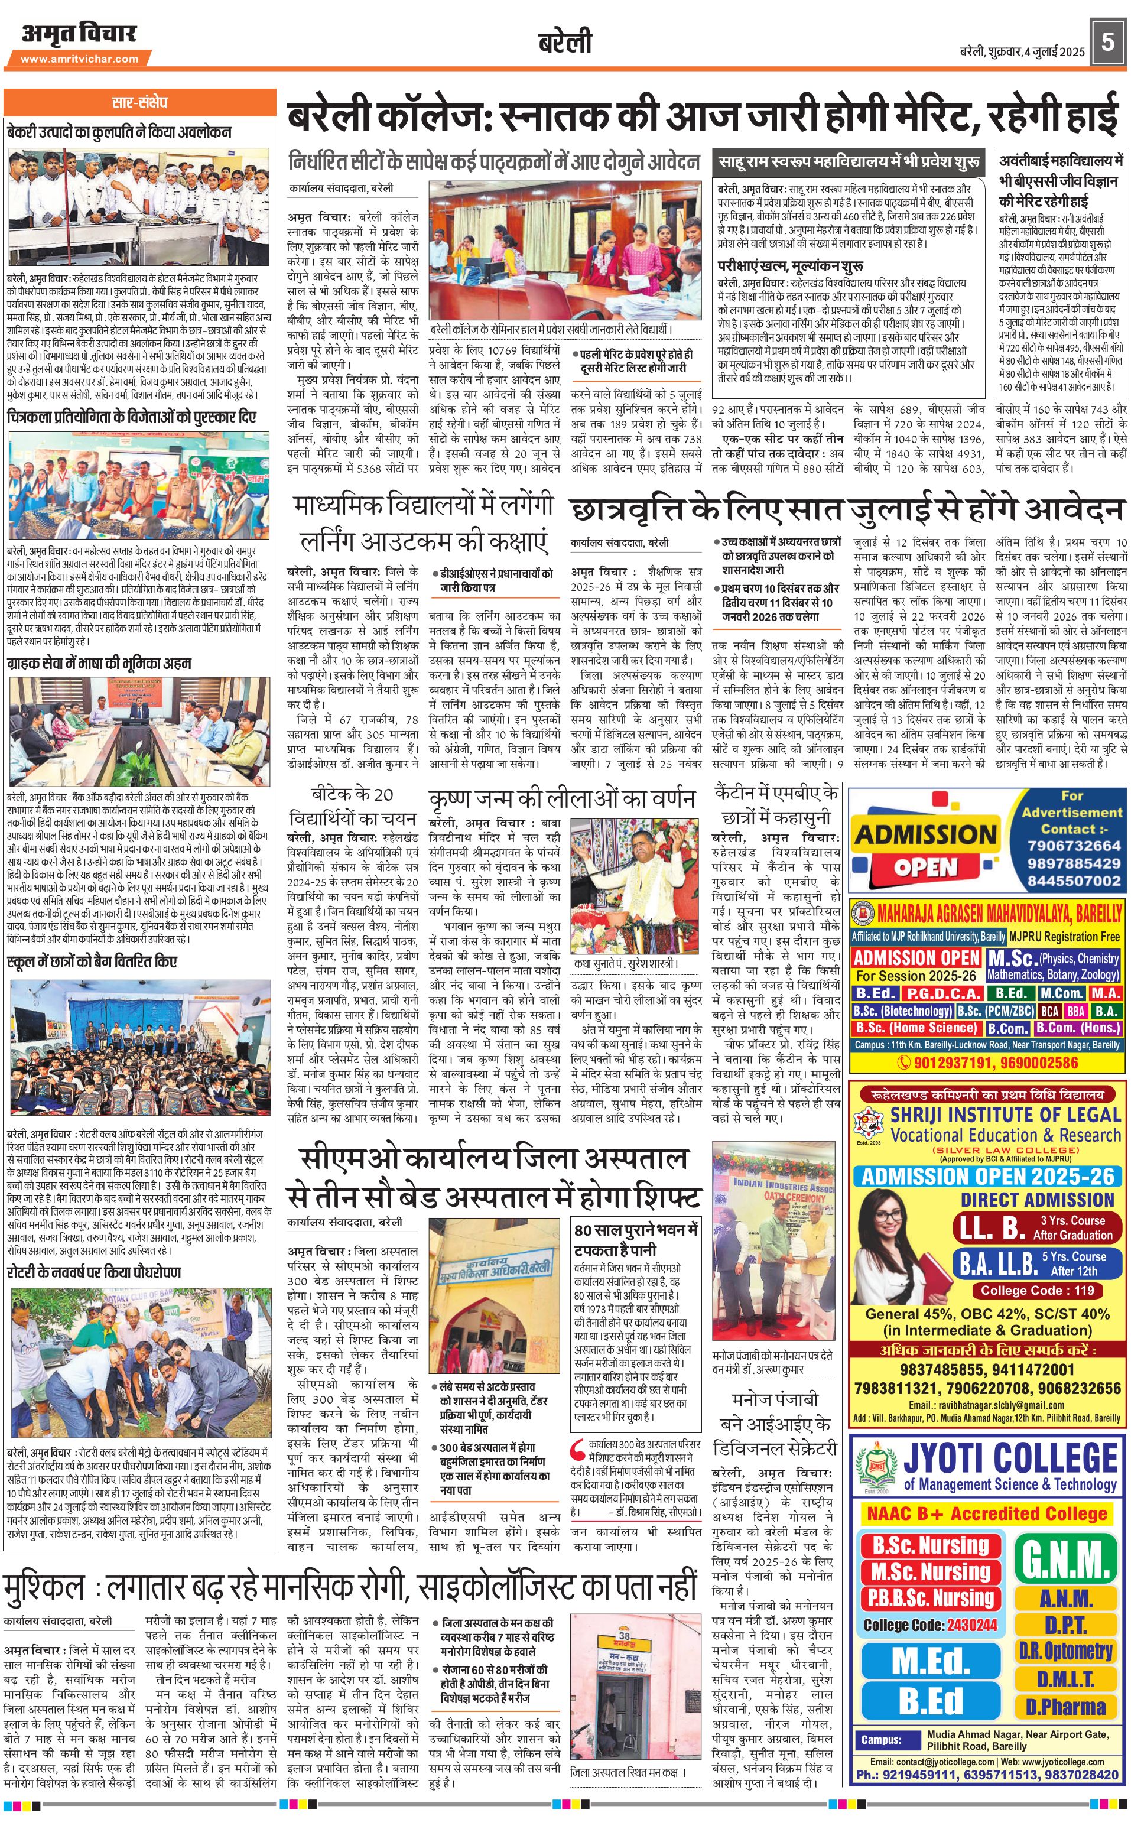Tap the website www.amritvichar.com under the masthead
click(x=79, y=59)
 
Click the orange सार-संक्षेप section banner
click(x=140, y=102)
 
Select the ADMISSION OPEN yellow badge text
click(x=925, y=850)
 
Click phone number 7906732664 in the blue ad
click(x=1074, y=845)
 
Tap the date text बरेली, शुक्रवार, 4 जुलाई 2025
click(x=1022, y=51)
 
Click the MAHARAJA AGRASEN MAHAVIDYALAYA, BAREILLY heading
click(x=999, y=912)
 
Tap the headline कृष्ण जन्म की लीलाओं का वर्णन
click(x=562, y=798)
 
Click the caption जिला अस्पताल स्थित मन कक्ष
click(x=627, y=1773)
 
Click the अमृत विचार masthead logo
click(x=79, y=34)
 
